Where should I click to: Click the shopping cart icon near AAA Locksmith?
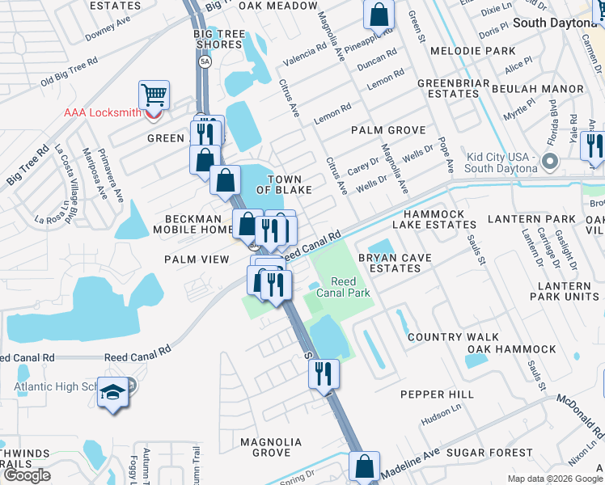tap(154, 95)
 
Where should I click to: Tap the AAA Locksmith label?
tap(102, 112)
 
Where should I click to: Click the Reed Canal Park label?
tap(349, 287)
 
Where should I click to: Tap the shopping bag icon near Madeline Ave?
tap(364, 466)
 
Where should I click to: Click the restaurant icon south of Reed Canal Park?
tap(323, 373)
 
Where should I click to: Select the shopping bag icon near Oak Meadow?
tap(379, 14)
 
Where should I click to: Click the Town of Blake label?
tap(279, 184)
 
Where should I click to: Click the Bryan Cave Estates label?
tap(395, 263)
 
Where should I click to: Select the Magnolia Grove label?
tap(271, 447)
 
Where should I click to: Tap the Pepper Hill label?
tap(438, 394)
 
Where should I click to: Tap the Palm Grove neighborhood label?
tap(388, 130)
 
